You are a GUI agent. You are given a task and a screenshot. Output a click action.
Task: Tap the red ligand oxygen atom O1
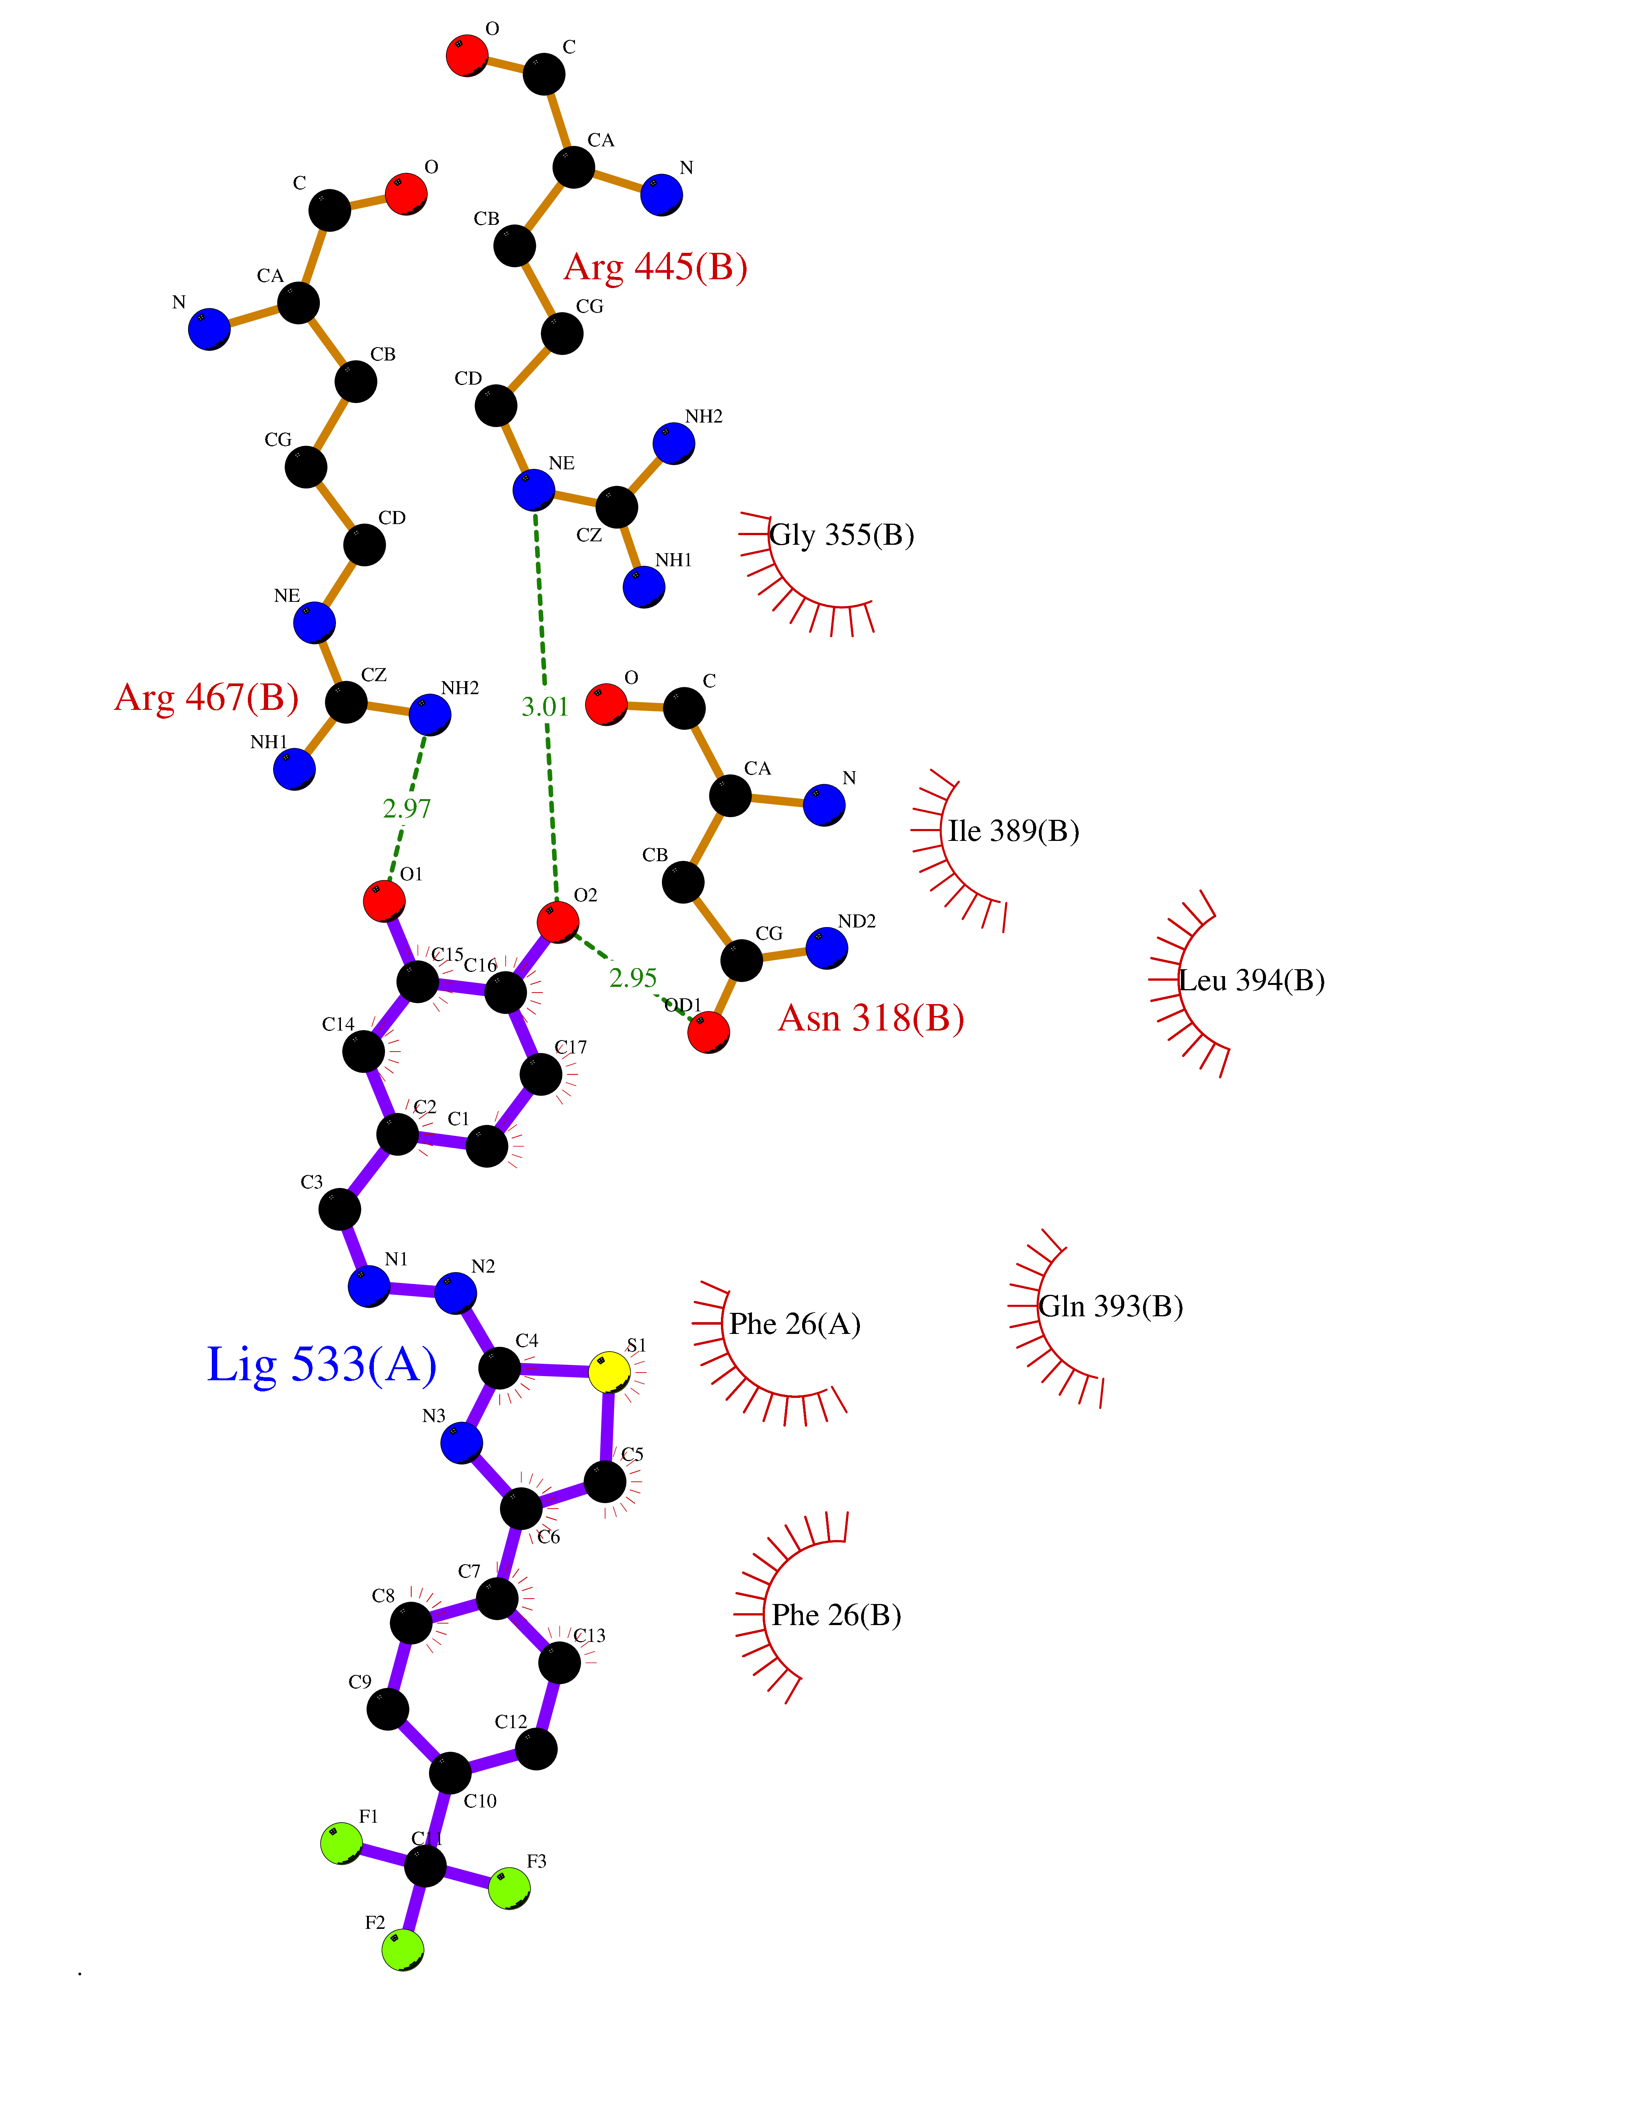coord(384,901)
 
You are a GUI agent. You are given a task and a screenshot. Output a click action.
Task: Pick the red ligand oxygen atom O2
coord(557,921)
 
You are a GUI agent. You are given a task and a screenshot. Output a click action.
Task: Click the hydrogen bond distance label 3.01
coord(545,707)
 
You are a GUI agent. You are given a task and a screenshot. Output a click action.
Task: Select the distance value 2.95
coord(633,978)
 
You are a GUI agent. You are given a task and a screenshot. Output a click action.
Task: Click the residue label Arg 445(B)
coord(656,267)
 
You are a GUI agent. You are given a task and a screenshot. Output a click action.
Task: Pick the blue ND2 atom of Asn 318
coord(827,947)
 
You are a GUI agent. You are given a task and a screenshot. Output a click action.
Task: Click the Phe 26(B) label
coord(836,1615)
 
